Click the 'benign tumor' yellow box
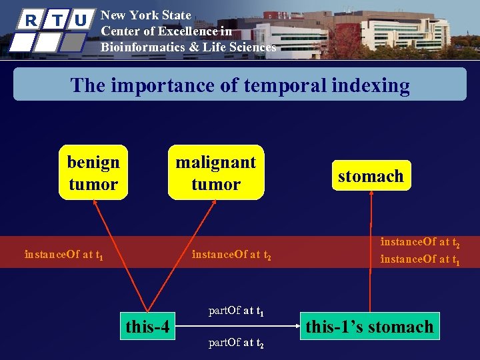pos(93,173)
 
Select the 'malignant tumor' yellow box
pos(215,173)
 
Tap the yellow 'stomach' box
pos(371,176)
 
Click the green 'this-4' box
pos(147,327)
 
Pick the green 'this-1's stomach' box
pos(369,327)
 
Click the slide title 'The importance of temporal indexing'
pos(240,85)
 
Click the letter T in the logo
pos(56,20)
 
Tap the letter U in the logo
pos(81,20)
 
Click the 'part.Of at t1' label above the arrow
pos(237,311)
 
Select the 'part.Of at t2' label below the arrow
pos(237,344)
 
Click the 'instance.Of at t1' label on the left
pos(63,255)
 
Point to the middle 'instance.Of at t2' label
pos(231,255)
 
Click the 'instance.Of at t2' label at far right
pos(420,243)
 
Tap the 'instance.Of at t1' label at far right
pos(420,260)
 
